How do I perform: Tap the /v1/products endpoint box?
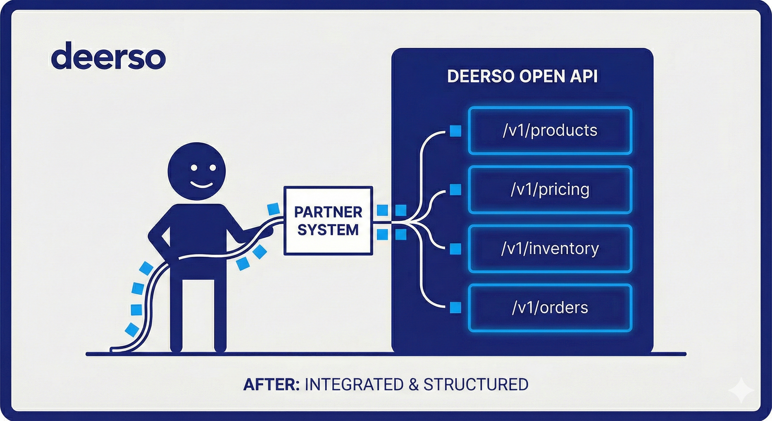coord(550,131)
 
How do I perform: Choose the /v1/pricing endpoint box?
coord(550,190)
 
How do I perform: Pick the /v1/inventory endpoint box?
coord(550,249)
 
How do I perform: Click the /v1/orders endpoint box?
coord(550,308)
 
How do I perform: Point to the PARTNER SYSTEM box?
coord(328,221)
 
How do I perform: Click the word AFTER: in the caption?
coord(271,385)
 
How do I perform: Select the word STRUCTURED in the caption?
coord(476,385)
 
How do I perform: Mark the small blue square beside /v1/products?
coord(456,131)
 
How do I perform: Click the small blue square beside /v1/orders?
coord(456,308)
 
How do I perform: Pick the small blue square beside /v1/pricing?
coord(456,190)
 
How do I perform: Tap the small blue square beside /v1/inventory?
coord(456,249)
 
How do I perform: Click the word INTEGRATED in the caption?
coord(354,385)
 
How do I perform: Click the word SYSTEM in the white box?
coord(328,230)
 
